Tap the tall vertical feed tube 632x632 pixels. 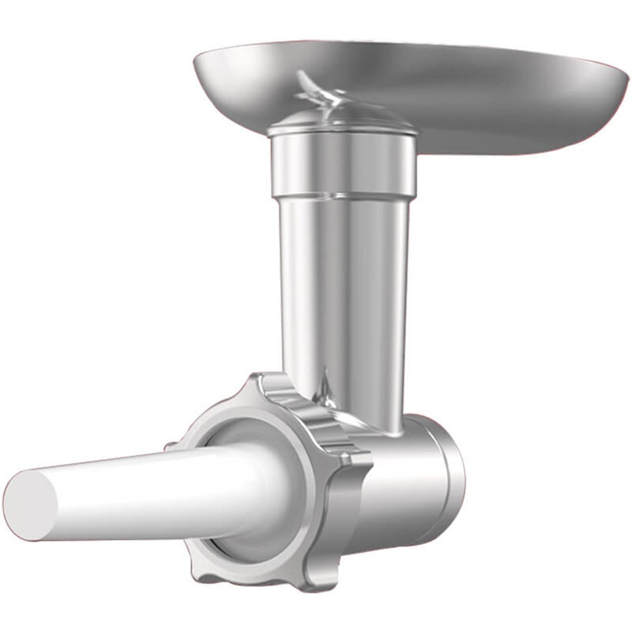pos(342,274)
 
